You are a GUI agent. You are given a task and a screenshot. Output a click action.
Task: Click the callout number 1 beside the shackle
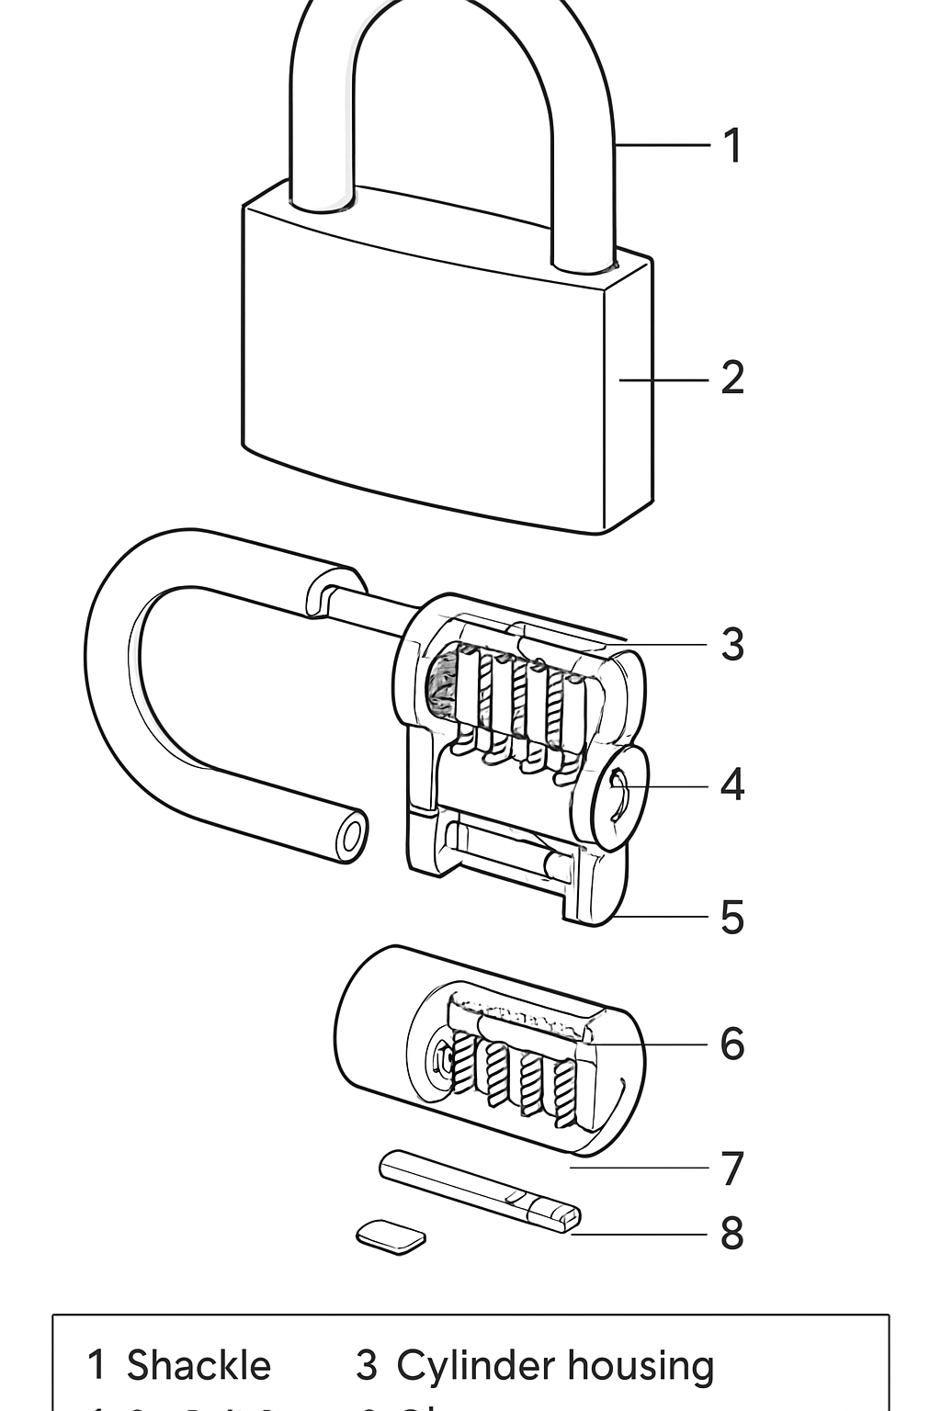point(731,145)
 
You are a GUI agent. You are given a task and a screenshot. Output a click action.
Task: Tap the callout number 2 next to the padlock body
point(731,378)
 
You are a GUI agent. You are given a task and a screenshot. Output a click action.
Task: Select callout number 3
point(731,644)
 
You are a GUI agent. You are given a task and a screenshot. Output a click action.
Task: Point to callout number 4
point(731,785)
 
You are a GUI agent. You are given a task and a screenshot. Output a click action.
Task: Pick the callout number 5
point(731,917)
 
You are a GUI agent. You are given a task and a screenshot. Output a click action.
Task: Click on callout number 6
point(731,1044)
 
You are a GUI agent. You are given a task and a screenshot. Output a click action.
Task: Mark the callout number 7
point(731,1168)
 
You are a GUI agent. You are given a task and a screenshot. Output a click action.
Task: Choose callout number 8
point(731,1234)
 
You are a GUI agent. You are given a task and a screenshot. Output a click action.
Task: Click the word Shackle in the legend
point(198,1366)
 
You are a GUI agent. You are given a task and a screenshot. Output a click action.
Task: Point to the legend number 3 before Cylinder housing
point(366,1366)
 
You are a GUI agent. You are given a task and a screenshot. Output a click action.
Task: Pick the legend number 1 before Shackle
point(96,1366)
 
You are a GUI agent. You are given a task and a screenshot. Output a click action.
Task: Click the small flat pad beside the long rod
point(391,1236)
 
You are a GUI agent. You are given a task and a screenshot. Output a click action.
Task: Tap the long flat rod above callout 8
point(478,1190)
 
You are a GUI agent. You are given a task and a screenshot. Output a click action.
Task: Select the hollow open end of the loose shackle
point(350,837)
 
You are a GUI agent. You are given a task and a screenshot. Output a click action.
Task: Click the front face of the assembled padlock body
point(423,367)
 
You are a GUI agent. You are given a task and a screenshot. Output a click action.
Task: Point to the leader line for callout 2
point(663,378)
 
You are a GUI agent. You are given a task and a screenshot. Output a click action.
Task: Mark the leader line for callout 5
point(662,917)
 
